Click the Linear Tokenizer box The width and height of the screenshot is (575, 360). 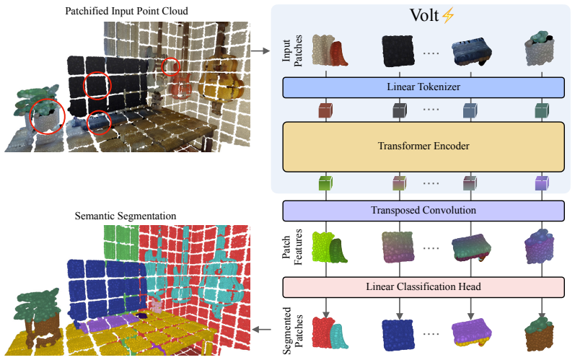[x=423, y=87]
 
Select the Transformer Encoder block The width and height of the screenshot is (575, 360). [x=423, y=146]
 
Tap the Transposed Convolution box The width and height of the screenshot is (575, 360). [x=423, y=211]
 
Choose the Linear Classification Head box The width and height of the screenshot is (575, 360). [x=423, y=287]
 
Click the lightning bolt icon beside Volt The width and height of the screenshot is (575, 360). [x=448, y=16]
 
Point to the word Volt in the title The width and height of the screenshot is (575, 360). [x=424, y=15]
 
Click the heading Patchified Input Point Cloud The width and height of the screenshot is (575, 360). [x=126, y=12]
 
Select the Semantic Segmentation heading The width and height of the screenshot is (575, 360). [x=126, y=216]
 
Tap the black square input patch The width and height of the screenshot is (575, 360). [x=398, y=51]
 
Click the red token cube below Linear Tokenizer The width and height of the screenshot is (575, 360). [x=325, y=110]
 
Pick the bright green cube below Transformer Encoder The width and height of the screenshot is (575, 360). [x=325, y=183]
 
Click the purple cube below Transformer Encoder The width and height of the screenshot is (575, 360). [x=542, y=183]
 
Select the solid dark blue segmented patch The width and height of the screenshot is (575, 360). [x=398, y=335]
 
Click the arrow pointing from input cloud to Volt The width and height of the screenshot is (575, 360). [x=260, y=51]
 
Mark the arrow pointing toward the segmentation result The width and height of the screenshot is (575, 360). [x=262, y=330]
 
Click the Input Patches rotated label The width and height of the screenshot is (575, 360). [x=292, y=51]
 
